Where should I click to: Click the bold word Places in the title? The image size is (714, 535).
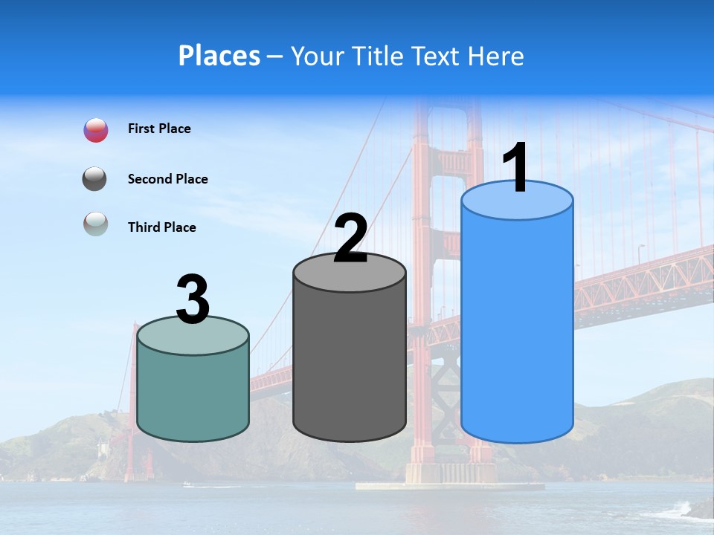219,56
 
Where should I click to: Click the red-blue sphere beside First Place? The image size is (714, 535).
96,130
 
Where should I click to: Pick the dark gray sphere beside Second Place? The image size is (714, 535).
94,179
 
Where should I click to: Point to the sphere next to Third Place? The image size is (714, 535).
95,224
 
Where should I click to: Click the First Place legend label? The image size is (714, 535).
159,129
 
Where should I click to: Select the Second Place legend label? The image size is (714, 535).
167,179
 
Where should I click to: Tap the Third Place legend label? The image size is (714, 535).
161,227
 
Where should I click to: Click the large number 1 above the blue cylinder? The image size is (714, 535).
516,168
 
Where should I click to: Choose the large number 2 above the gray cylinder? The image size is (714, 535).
350,239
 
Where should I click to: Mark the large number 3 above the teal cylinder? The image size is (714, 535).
193,299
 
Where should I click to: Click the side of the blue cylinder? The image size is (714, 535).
517,327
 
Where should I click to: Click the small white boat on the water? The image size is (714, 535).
187,484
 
